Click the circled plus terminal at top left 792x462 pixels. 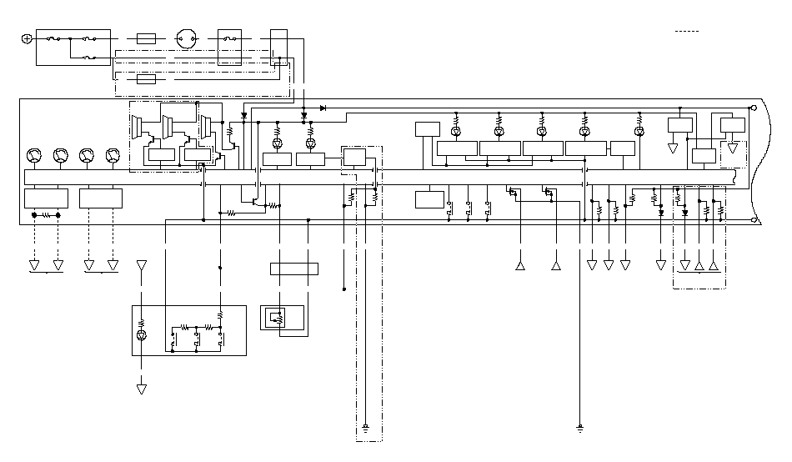click(x=27, y=38)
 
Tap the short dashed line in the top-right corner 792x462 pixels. click(x=686, y=31)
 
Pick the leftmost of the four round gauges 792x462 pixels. click(x=33, y=155)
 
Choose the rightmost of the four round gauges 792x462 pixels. click(x=113, y=155)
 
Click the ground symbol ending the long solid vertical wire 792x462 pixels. click(x=580, y=429)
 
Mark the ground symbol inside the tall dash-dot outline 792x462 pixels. click(x=366, y=429)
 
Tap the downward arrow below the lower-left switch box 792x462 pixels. click(x=141, y=389)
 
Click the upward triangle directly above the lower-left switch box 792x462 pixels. click(x=141, y=265)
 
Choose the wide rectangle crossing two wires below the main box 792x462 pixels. click(x=294, y=269)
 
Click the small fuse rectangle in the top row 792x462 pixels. click(x=147, y=38)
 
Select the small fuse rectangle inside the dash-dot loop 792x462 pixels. click(x=147, y=79)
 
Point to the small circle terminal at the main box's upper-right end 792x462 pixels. click(x=754, y=108)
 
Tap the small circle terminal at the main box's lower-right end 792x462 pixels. click(x=754, y=221)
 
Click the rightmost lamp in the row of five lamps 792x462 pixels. click(x=639, y=132)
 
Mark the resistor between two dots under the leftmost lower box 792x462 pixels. click(x=46, y=215)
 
